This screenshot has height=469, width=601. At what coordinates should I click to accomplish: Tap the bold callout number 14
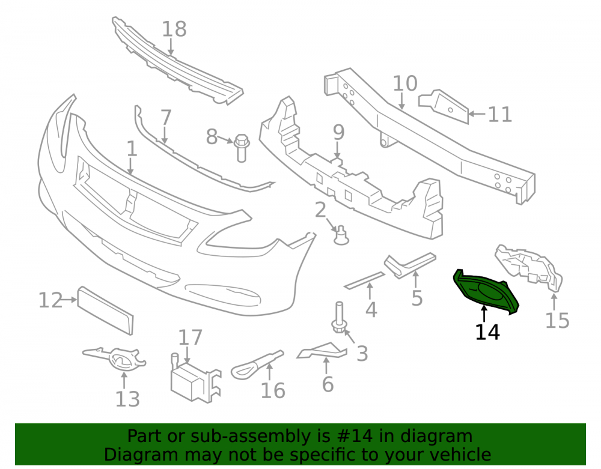(x=487, y=332)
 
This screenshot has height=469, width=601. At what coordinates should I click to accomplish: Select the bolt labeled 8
(x=242, y=148)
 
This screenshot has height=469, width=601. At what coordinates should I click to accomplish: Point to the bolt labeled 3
(x=339, y=318)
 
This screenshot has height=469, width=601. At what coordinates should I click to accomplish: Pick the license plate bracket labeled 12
(x=105, y=310)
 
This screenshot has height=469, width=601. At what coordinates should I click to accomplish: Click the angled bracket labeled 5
(x=409, y=265)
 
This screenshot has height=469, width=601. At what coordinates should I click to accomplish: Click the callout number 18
(x=174, y=29)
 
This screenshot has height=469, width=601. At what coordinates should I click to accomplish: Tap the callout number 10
(x=405, y=83)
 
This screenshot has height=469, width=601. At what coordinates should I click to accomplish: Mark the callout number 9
(x=339, y=133)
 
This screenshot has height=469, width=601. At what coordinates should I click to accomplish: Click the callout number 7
(x=166, y=117)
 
